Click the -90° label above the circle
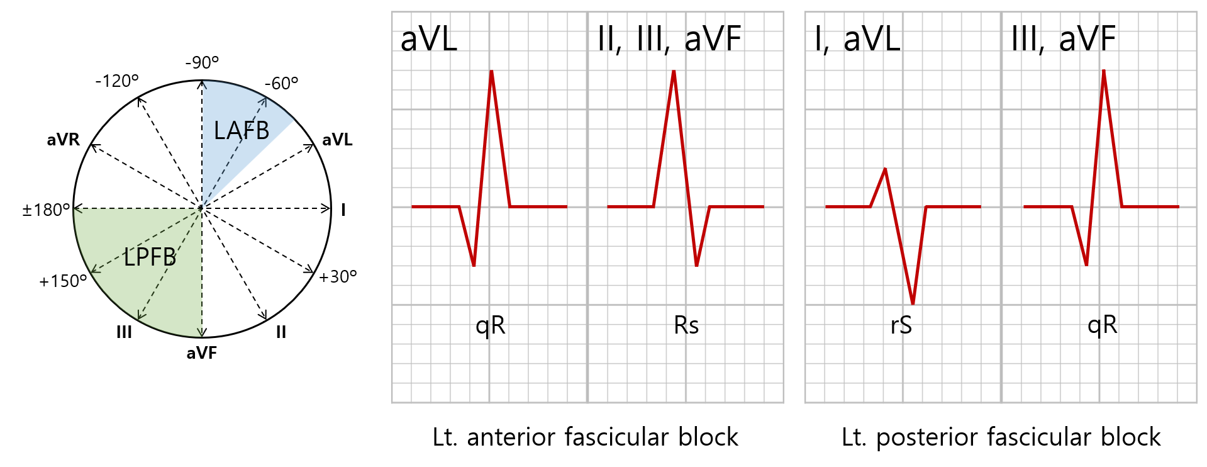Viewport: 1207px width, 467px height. coord(202,62)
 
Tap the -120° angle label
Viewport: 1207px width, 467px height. coord(117,81)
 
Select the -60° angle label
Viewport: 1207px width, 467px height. coord(281,83)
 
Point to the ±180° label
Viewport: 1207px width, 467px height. coord(46,210)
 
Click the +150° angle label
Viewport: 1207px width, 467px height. coord(63,281)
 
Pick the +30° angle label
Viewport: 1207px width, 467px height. coord(338,277)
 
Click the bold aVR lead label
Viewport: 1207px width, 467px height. coord(64,140)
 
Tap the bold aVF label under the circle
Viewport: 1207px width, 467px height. coord(201,353)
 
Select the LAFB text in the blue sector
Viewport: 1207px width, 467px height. coord(242,131)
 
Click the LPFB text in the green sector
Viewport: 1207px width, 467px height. coord(150,257)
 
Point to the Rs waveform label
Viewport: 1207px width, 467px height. coord(686,325)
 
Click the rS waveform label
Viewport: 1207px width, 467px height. coord(901,325)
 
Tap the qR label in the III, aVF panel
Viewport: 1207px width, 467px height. coord(1102,325)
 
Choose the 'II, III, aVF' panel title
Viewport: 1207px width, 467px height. coord(669,39)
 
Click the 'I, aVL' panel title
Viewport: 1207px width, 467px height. coord(857,39)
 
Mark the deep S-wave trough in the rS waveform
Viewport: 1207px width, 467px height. coord(913,303)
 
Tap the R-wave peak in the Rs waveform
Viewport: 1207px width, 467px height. coord(674,72)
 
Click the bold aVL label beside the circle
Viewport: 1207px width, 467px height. coord(337,140)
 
